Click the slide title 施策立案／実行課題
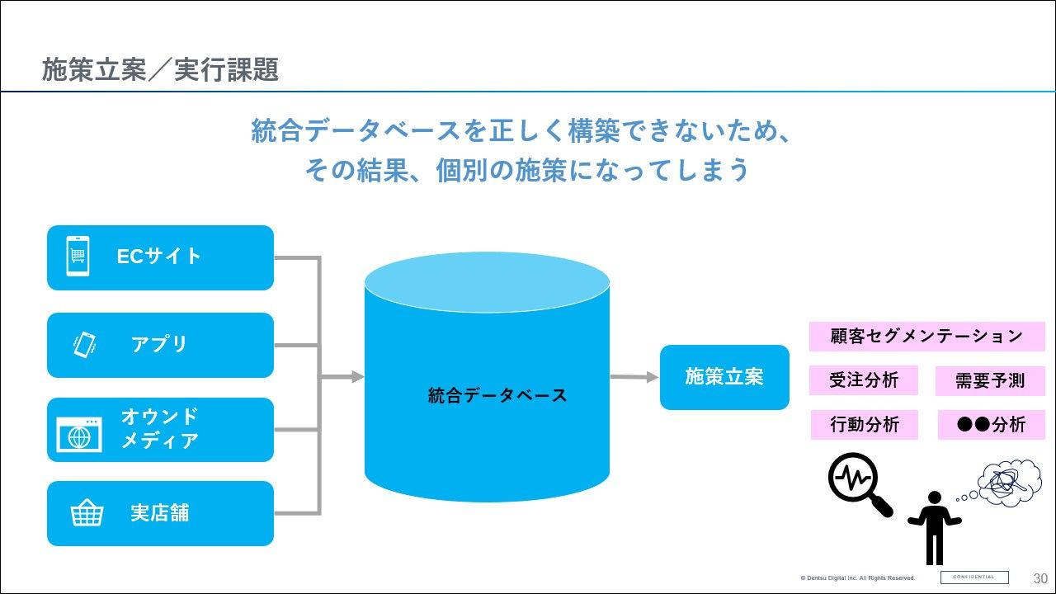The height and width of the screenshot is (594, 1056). click(160, 70)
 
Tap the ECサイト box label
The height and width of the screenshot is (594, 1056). click(159, 257)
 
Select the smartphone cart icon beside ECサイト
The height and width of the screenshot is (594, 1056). click(78, 257)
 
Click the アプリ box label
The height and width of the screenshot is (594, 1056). click(159, 344)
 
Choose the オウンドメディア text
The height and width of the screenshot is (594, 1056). click(159, 428)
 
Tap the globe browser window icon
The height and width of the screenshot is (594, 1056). click(79, 434)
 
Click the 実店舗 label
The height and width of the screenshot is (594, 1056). click(159, 513)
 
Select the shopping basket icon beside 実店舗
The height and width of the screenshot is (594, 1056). click(87, 513)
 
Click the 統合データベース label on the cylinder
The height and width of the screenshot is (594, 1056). click(497, 395)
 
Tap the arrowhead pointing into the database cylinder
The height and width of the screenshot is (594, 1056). click(357, 377)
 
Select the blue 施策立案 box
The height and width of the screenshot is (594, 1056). click(724, 377)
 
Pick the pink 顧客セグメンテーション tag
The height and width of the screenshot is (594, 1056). click(926, 337)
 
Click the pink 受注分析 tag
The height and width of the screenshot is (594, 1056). click(864, 380)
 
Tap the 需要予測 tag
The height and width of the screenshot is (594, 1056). click(990, 380)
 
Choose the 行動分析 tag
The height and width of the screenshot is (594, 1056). click(864, 425)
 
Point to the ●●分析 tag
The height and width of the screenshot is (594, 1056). click(991, 425)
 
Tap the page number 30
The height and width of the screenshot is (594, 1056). click(1040, 577)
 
